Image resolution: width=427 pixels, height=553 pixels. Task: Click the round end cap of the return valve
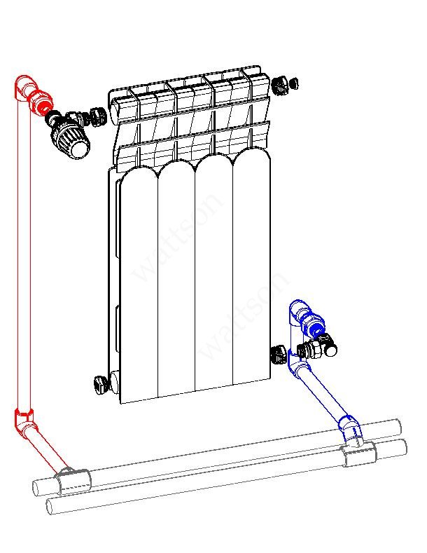[331, 349]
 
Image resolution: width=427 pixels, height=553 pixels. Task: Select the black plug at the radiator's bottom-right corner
[279, 355]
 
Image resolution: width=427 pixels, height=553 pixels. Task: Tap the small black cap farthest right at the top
[293, 84]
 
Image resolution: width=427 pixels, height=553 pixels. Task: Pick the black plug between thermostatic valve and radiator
[98, 117]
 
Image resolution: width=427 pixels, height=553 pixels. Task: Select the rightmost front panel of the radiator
[251, 264]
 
